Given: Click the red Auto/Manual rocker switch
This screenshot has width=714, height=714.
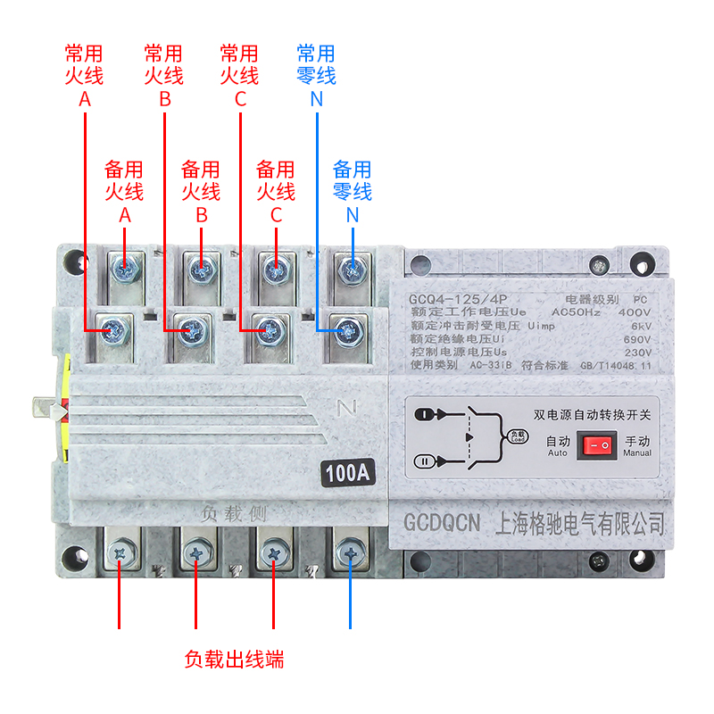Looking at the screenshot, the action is click(x=596, y=444).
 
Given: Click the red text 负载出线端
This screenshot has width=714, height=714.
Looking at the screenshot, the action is click(x=235, y=660).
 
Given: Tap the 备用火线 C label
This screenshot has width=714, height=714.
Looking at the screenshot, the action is click(x=276, y=190).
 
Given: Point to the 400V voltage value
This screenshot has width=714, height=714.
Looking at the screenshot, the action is click(x=634, y=312).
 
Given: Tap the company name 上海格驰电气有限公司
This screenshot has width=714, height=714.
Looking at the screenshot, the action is click(x=579, y=522).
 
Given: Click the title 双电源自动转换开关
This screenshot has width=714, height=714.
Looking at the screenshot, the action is click(x=592, y=414).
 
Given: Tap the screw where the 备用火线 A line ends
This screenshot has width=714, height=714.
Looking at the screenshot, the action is click(x=125, y=265).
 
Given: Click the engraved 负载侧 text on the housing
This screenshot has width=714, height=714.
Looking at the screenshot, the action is click(x=234, y=513).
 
